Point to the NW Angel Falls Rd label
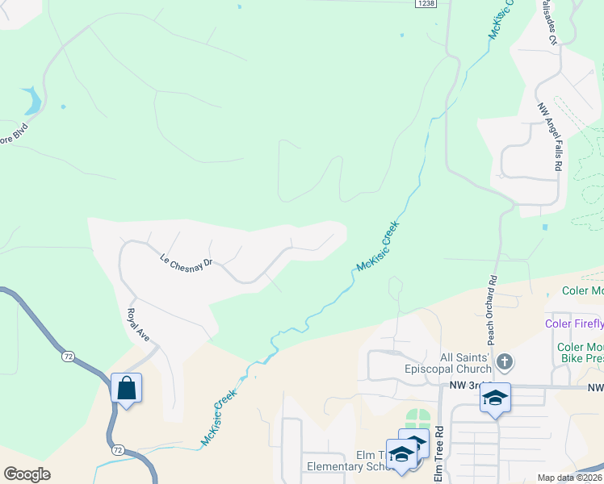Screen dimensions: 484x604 (x=552, y=136)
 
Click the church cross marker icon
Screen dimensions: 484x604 (x=504, y=361)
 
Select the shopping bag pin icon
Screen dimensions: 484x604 (x=127, y=389)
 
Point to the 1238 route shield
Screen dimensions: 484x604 (x=426, y=4)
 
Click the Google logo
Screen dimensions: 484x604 (x=27, y=474)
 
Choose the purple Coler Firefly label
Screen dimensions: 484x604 (x=574, y=324)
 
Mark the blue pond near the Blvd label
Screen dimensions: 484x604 (x=33, y=101)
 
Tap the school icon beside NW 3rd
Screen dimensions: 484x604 (x=495, y=398)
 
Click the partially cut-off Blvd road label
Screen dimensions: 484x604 (x=13, y=129)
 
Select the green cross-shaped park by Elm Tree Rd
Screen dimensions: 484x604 (x=418, y=419)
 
